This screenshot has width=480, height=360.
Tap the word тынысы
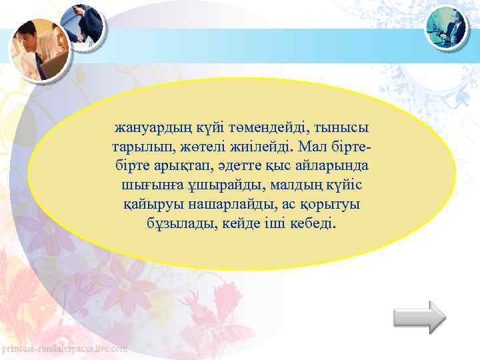click(344, 127)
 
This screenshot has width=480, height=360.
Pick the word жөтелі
click(198, 146)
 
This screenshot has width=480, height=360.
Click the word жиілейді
click(260, 146)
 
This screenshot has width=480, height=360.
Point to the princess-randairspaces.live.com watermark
click(65, 349)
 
